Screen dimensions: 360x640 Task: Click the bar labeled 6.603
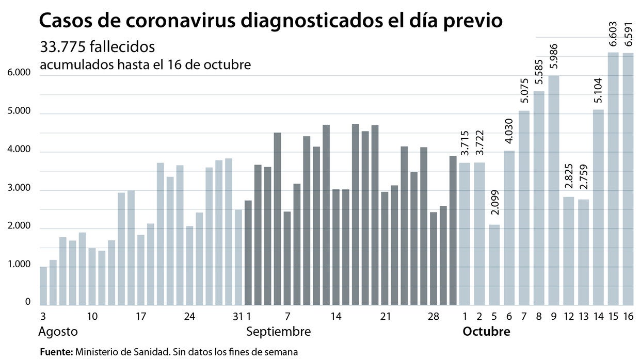tap(613, 178)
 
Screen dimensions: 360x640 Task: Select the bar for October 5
tap(494, 264)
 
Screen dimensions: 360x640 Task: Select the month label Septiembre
tap(278, 332)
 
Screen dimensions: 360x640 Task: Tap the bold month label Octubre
tap(486, 332)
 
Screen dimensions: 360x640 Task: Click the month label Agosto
tap(58, 332)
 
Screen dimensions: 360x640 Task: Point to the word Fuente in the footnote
tap(56, 352)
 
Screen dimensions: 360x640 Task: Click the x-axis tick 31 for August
tap(238, 316)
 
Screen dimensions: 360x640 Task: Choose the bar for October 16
tap(628, 178)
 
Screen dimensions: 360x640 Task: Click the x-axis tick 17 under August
tap(141, 316)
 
